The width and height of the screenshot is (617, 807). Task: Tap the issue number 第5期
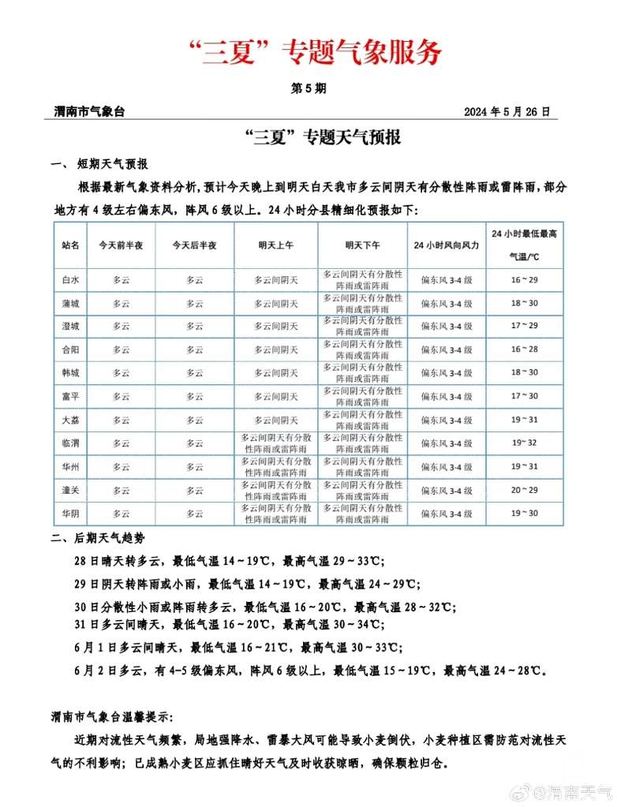(308, 89)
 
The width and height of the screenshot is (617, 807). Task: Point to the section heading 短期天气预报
(112, 165)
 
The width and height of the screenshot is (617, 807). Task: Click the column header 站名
(70, 245)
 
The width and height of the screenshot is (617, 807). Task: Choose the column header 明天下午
(362, 245)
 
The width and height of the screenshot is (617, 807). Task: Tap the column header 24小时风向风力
(446, 245)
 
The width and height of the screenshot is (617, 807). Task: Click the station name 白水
(70, 279)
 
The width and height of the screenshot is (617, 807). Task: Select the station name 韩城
(70, 372)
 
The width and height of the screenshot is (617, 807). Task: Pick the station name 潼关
(70, 490)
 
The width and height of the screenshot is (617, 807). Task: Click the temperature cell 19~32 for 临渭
(524, 443)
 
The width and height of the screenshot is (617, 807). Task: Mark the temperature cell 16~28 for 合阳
(524, 349)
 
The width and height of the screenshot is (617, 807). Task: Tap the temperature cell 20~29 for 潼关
(524, 490)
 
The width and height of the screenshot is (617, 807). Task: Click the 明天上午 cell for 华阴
(275, 514)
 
